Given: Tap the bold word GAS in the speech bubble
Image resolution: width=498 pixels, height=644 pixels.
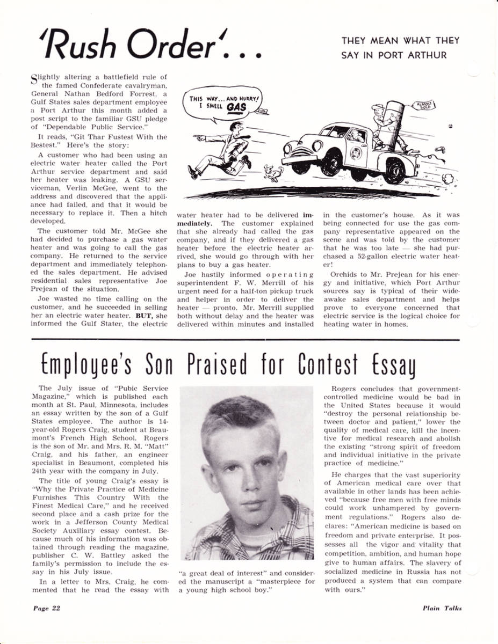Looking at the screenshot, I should click(x=236, y=107).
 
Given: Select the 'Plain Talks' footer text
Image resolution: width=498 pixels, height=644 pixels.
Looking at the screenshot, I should click(x=442, y=608).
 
